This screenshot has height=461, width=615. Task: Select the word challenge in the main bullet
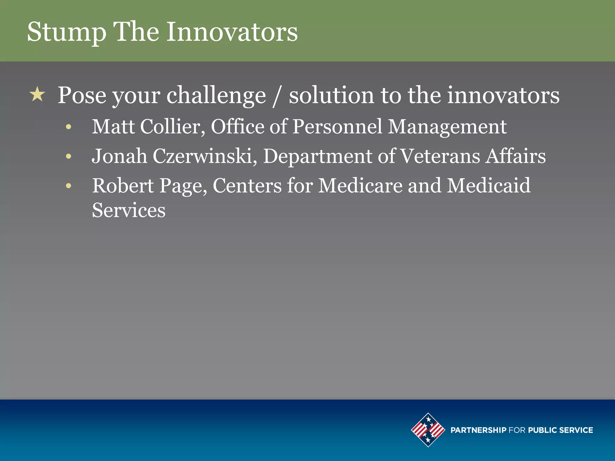click(x=216, y=95)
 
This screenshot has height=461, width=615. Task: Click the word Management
click(x=447, y=127)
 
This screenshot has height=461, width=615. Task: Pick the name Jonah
click(x=119, y=156)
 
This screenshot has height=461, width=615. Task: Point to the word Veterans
click(x=440, y=156)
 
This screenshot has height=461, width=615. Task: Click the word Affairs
click(x=516, y=156)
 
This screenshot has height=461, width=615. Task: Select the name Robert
click(x=123, y=185)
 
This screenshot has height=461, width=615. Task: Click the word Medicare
click(x=360, y=185)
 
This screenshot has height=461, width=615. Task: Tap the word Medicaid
click(x=489, y=185)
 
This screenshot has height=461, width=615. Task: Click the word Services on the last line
click(x=129, y=210)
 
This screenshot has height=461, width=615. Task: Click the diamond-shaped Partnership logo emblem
click(x=428, y=430)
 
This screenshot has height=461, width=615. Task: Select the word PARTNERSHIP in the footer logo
click(x=478, y=430)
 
